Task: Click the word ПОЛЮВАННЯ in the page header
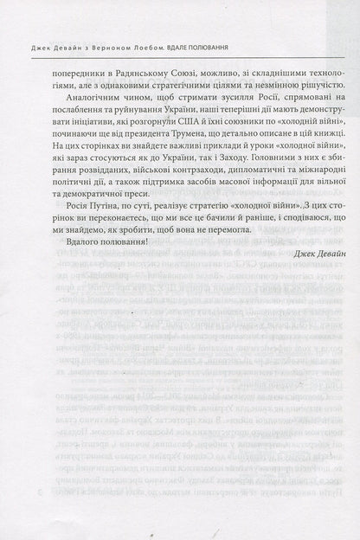196,22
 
